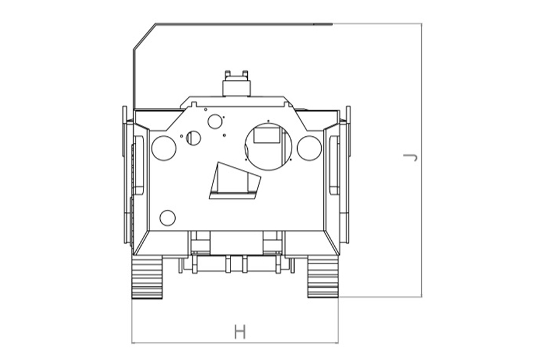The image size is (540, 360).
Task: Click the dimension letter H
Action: click(240, 331)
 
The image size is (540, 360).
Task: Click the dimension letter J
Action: click(410, 157)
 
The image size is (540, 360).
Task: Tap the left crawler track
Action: click(147, 277)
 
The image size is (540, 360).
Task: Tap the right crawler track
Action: click(323, 277)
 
